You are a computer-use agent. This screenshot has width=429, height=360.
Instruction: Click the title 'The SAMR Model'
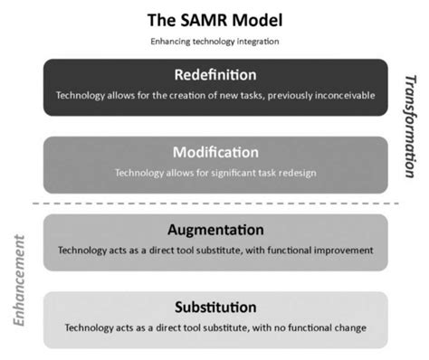coord(214,20)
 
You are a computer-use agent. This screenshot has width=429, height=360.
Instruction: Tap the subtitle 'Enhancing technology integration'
coord(214,42)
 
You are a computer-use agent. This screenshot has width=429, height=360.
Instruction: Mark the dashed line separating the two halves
coord(214,202)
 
